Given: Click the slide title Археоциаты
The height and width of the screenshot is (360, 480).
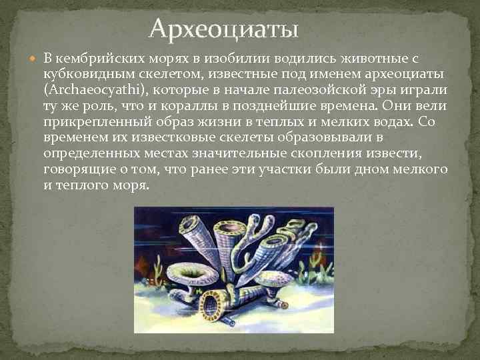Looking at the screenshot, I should (x=225, y=29).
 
